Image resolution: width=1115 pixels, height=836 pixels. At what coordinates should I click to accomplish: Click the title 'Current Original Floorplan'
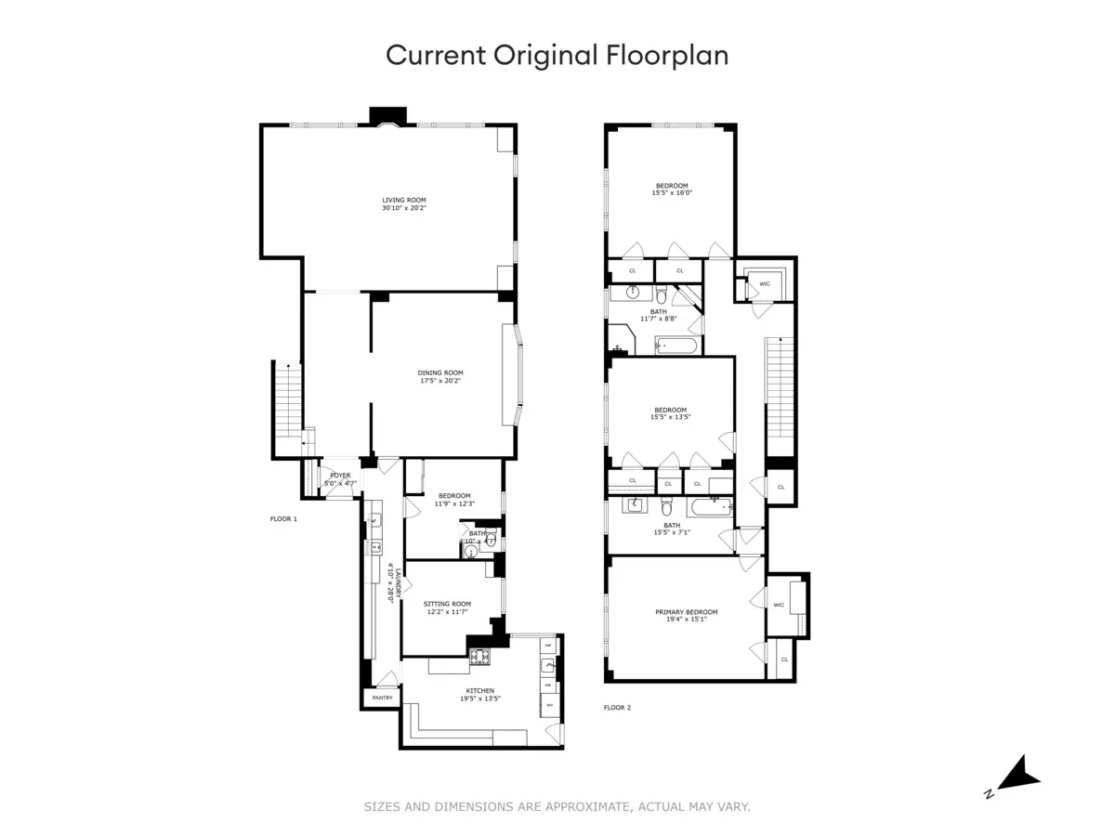click(x=557, y=55)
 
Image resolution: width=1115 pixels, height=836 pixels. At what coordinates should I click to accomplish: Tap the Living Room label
click(x=404, y=203)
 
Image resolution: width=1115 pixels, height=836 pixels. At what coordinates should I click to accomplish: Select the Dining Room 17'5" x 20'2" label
click(x=439, y=376)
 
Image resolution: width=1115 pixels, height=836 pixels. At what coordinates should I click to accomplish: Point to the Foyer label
click(x=340, y=479)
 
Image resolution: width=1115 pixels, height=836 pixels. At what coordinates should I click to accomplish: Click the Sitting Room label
click(x=447, y=607)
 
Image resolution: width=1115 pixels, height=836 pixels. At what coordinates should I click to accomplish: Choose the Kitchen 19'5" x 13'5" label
click(x=480, y=695)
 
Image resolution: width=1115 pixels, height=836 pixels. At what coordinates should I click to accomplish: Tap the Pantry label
click(x=382, y=698)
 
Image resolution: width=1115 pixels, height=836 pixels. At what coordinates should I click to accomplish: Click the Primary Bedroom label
click(x=687, y=616)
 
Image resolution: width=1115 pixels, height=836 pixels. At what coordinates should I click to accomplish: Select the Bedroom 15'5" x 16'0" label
click(x=672, y=189)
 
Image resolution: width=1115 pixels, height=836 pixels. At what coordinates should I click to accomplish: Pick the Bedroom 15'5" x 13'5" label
click(x=670, y=413)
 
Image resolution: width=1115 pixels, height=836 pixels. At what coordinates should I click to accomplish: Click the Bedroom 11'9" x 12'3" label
click(x=454, y=500)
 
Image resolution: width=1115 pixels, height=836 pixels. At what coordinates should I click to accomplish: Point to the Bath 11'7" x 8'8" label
click(x=659, y=315)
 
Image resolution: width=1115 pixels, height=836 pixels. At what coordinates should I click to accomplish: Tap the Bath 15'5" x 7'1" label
click(x=671, y=529)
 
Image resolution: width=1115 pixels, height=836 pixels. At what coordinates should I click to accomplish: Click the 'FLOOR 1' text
click(x=283, y=518)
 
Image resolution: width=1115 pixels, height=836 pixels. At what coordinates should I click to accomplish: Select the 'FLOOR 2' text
click(x=617, y=708)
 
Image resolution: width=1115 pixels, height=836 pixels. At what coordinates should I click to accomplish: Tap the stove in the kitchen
click(x=480, y=658)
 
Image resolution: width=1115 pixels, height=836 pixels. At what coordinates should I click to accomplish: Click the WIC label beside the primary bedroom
click(x=779, y=605)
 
